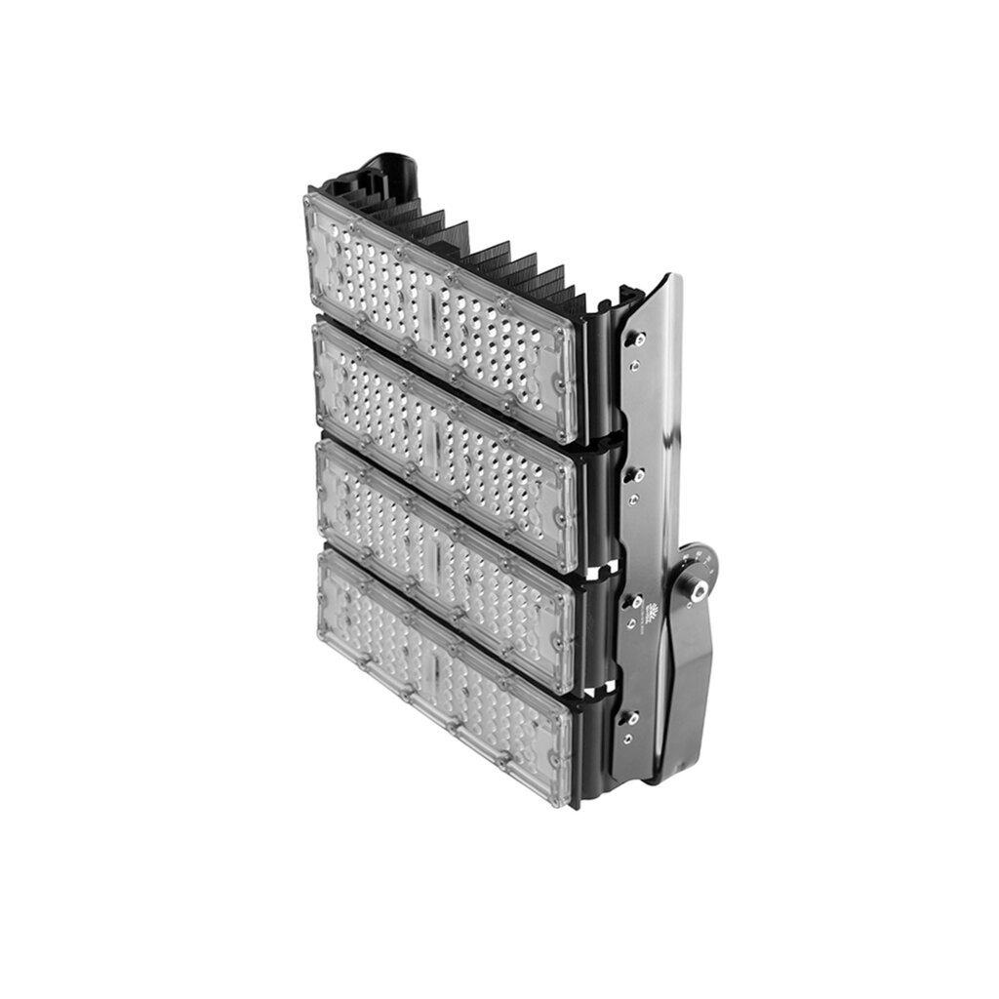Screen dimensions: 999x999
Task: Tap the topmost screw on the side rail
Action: (640, 339)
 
